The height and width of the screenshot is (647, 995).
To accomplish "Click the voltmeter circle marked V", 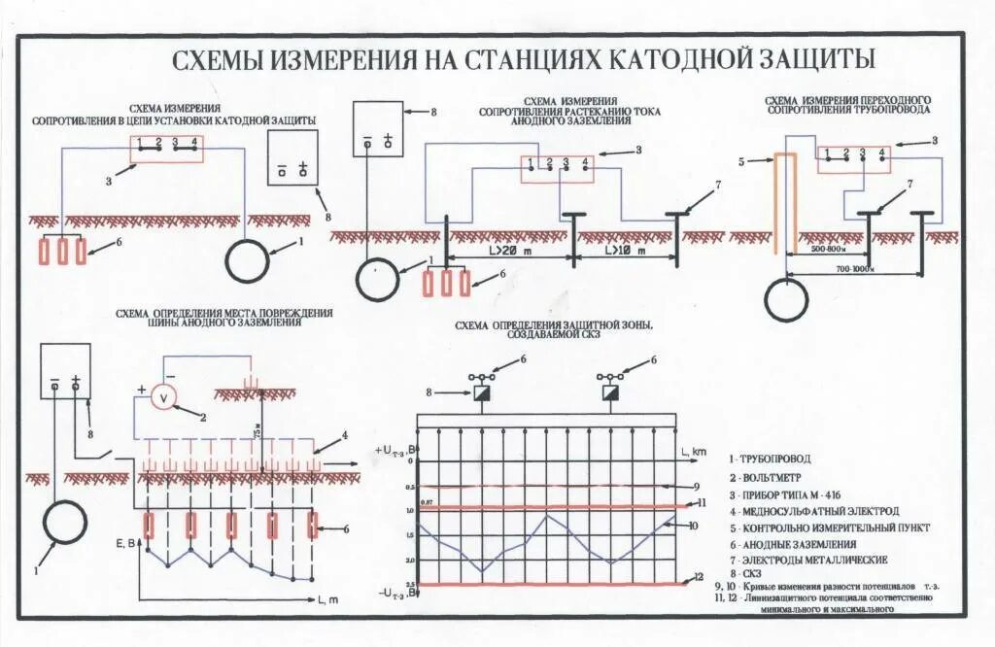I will [165, 398].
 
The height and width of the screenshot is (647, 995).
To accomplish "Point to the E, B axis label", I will [126, 543].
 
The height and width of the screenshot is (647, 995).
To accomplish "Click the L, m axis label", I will [327, 598].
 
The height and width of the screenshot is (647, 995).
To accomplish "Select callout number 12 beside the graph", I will [697, 578].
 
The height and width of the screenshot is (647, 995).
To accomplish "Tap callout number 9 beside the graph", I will [697, 486].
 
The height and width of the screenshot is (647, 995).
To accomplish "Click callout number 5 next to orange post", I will [742, 161].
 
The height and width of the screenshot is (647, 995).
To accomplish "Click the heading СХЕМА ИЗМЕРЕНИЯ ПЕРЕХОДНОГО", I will [847, 100].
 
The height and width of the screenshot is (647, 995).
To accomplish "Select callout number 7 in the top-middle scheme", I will [718, 184].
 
